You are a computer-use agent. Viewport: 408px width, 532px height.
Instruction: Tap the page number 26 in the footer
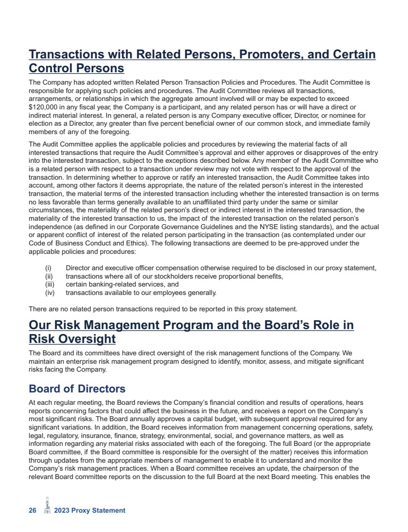(x=33, y=510)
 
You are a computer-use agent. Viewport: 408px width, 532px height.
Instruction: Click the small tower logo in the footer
(x=48, y=507)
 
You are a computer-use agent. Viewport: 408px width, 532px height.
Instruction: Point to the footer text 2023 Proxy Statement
(x=90, y=510)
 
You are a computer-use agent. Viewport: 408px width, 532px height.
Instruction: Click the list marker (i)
(x=49, y=268)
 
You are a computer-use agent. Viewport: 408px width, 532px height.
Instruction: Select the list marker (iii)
(x=49, y=284)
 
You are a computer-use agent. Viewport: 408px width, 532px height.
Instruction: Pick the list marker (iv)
(x=49, y=292)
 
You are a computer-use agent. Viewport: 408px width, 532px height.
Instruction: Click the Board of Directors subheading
(x=77, y=388)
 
